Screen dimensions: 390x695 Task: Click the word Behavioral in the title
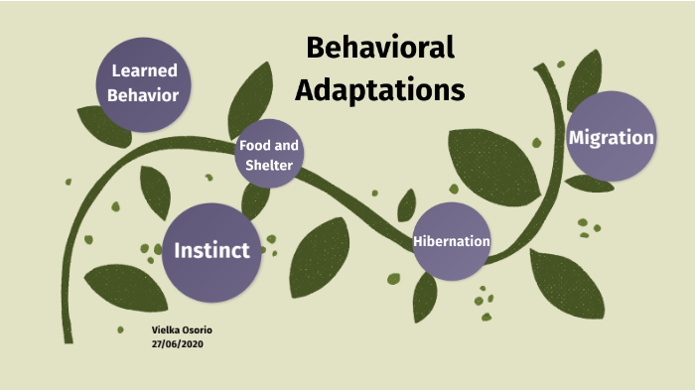coord(379,47)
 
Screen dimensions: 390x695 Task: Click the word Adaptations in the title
coord(380,89)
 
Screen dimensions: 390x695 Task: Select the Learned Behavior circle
coord(145,83)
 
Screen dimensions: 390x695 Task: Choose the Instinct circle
coord(211,250)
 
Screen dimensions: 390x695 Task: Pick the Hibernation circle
coord(452,241)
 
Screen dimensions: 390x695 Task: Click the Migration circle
coord(611,137)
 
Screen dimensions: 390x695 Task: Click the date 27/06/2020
coord(179,342)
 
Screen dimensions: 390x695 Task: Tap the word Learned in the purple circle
coord(145,70)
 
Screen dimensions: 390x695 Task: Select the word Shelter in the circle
coord(269,166)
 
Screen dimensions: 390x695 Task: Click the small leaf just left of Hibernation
coord(406,205)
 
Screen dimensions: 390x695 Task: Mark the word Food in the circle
coord(252,146)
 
